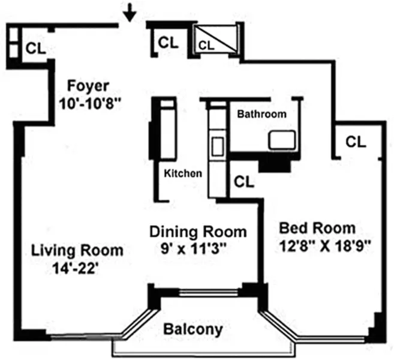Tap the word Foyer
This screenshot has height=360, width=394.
(x=88, y=84)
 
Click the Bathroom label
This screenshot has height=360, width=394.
(x=261, y=113)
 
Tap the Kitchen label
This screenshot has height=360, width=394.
(x=183, y=173)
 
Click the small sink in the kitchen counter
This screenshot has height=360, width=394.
(x=216, y=145)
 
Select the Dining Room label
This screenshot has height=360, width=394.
(x=197, y=231)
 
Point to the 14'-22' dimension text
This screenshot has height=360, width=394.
(x=75, y=268)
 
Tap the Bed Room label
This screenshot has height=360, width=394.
(x=317, y=228)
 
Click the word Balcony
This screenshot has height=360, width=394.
(x=193, y=329)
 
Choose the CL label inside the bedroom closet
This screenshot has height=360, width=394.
(x=356, y=142)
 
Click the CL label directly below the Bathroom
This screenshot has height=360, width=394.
(x=244, y=181)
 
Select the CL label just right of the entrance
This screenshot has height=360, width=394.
(x=168, y=43)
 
